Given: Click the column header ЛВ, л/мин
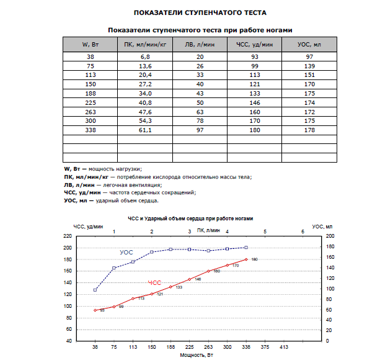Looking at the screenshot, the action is (200, 45).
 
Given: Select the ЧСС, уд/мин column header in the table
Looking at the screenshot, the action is (254, 45).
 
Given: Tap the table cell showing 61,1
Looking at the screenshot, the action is (145, 130).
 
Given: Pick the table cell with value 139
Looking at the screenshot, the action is (309, 66).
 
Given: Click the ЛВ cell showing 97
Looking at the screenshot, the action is (200, 130).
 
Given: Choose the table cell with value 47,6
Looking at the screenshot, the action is (145, 112).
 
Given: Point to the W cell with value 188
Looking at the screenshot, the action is (91, 94).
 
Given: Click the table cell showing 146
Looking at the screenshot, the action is (255, 102).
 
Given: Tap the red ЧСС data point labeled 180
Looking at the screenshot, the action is (246, 259).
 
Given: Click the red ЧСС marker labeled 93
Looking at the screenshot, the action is (95, 310).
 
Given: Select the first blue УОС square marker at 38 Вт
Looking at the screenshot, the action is (95, 290).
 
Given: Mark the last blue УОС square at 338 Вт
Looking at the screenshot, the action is (246, 248).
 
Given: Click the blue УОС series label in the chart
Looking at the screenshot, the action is (126, 253).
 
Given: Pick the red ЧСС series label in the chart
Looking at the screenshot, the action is (154, 283).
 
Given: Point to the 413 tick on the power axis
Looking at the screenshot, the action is (284, 347).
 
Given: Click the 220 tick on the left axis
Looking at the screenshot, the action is (68, 236).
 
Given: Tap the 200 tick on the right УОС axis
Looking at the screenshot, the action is (330, 236).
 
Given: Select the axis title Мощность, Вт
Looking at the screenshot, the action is (197, 355).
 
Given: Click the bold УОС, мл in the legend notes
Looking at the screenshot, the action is (76, 200).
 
